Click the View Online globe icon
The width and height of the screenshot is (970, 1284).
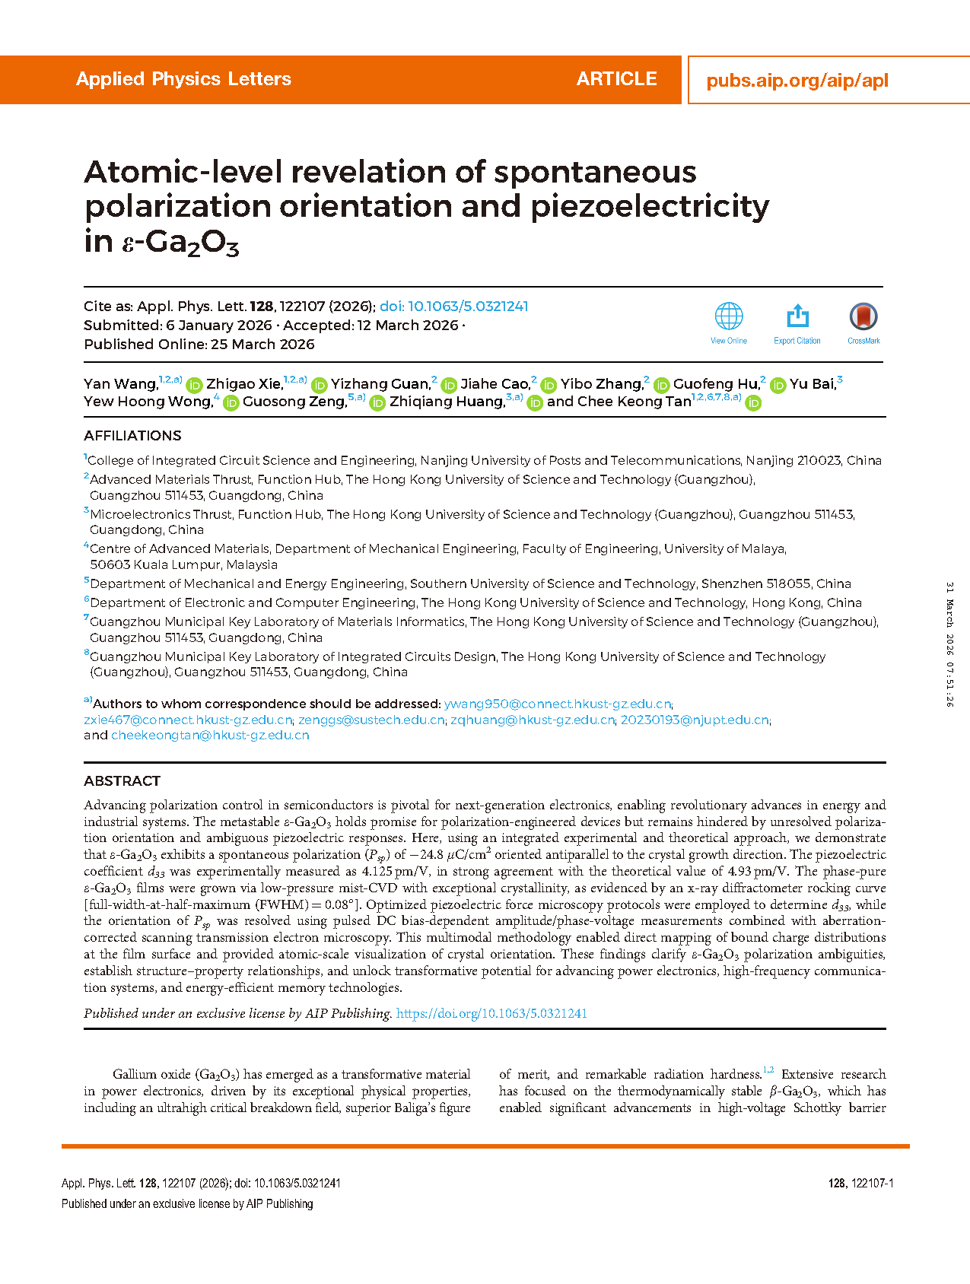tap(728, 316)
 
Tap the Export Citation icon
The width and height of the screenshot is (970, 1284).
tap(797, 316)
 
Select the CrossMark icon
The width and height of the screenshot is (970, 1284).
tap(863, 316)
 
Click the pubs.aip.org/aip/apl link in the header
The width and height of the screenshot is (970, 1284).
tap(797, 81)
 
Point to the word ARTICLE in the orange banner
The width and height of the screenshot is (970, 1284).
tap(616, 79)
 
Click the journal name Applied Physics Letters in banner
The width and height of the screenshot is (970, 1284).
tap(183, 79)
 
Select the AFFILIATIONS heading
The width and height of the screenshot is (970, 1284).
tap(132, 436)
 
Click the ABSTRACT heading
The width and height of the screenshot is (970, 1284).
tap(122, 781)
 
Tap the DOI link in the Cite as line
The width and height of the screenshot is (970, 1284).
tap(453, 307)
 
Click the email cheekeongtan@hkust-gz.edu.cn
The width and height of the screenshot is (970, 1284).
tap(210, 736)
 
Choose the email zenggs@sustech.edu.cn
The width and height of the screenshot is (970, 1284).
tap(371, 720)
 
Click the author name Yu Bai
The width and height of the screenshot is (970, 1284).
tap(812, 384)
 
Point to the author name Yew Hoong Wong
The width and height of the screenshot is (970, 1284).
tap(148, 402)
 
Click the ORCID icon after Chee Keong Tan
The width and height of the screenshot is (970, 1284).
tap(753, 402)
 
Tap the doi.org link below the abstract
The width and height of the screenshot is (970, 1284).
tap(491, 1013)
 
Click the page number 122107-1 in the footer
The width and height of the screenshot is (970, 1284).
tap(871, 1183)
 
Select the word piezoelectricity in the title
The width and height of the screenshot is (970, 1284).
tap(650, 206)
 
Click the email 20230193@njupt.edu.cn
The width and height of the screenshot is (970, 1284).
tap(694, 720)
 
